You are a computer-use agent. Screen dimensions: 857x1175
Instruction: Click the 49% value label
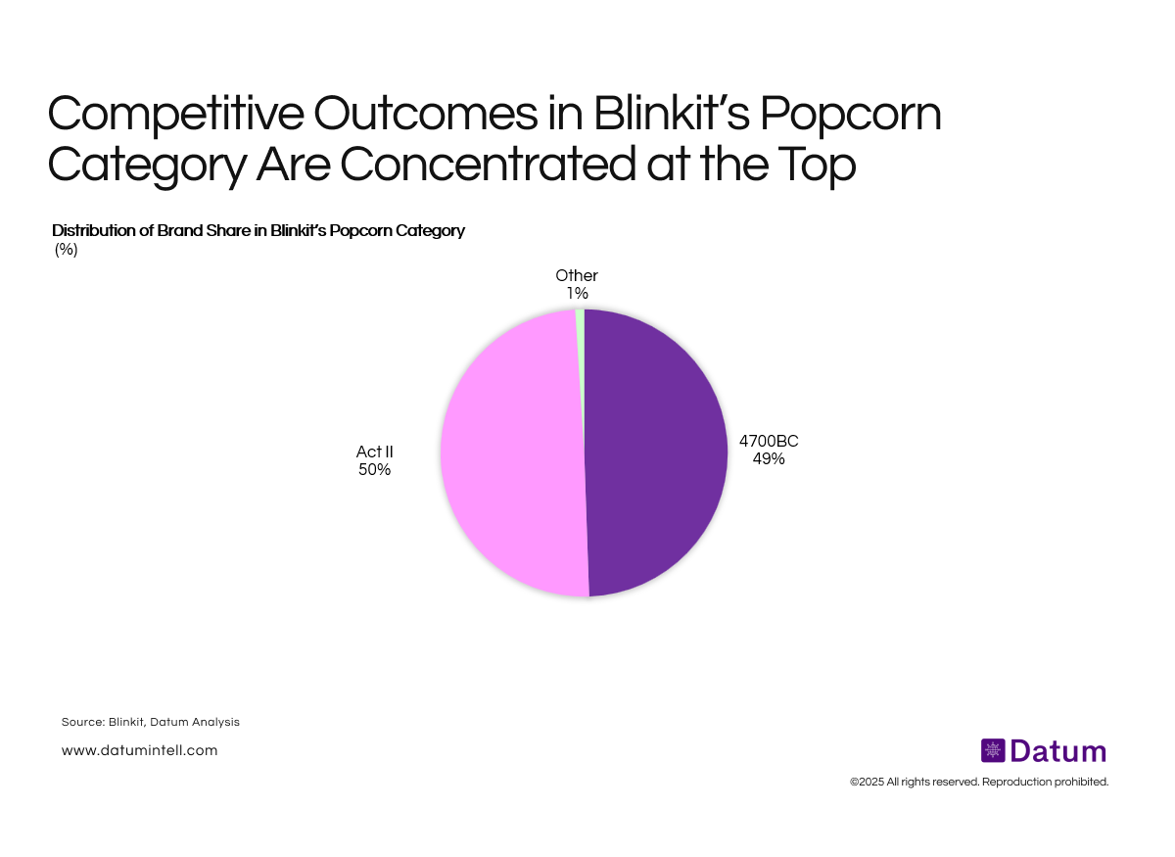(769, 458)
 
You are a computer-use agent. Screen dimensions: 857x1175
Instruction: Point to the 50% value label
(374, 470)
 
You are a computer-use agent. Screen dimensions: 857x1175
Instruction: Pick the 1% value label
(576, 293)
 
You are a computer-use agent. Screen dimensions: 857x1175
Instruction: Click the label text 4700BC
(769, 441)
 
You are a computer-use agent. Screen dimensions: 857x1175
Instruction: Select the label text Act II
(374, 452)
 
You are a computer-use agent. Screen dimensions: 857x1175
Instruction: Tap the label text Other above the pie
(577, 276)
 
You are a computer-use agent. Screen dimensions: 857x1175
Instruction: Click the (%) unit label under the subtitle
(66, 249)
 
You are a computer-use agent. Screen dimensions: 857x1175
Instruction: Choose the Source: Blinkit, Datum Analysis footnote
(150, 722)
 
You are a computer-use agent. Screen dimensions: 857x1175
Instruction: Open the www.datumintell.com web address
(139, 750)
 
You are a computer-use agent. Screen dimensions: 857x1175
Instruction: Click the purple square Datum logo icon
(993, 751)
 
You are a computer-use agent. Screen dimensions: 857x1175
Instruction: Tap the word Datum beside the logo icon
(1058, 751)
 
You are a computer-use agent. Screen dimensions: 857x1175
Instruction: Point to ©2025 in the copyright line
(867, 782)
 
